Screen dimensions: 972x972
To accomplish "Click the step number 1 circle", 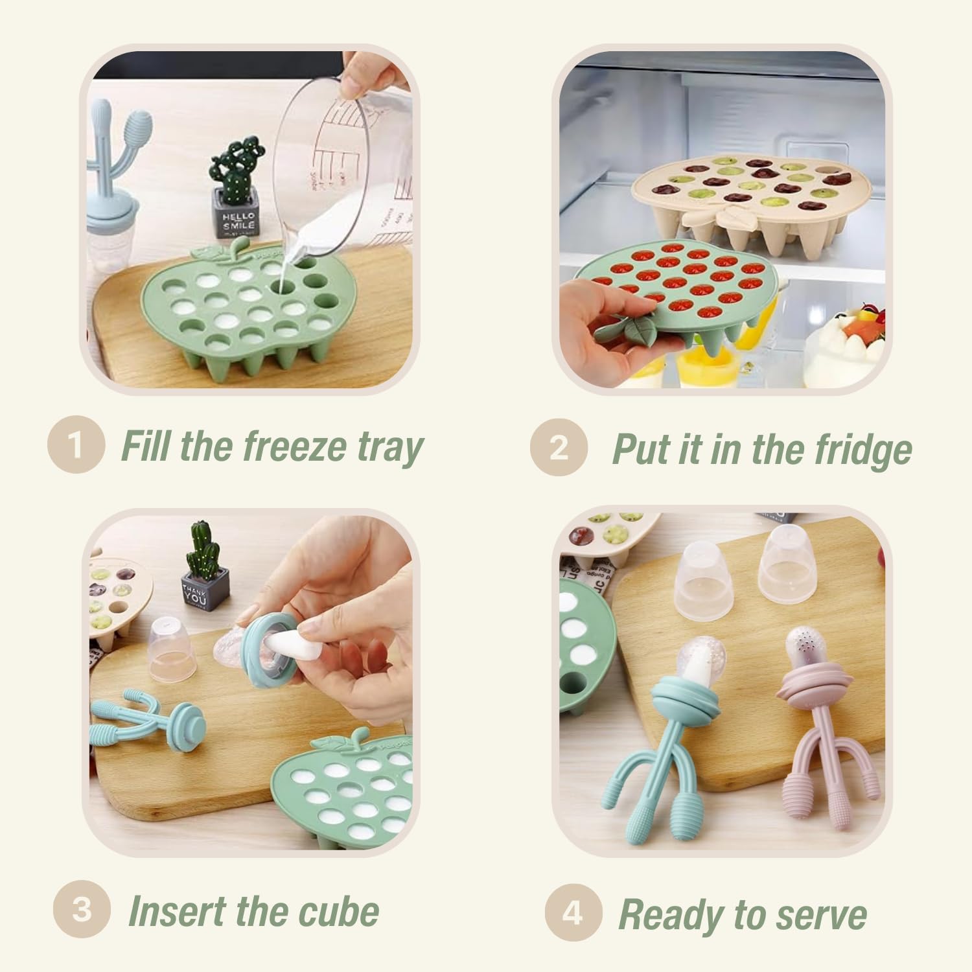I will click(x=76, y=445).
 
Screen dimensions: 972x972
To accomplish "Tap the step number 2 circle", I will click(x=558, y=447).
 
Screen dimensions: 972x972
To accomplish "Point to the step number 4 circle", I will click(x=572, y=912).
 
